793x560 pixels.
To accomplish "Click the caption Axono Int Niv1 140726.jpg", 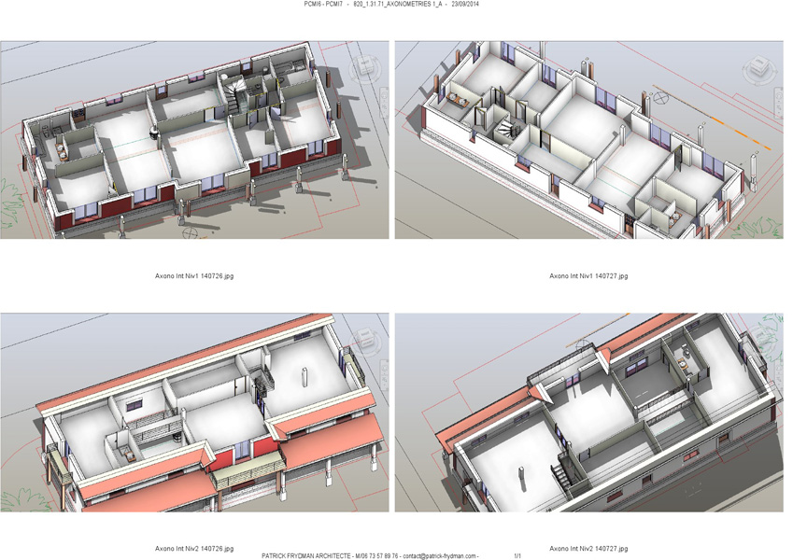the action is [x=194, y=276].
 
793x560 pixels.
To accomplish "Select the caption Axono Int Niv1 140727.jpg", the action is [x=588, y=276].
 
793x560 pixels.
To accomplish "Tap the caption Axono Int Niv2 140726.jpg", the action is [x=194, y=549].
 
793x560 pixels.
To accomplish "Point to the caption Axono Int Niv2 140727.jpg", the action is [x=588, y=549].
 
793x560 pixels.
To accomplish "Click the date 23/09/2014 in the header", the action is [x=466, y=4].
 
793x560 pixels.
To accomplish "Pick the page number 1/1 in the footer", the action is [x=517, y=556].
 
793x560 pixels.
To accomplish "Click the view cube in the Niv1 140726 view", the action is [x=365, y=66].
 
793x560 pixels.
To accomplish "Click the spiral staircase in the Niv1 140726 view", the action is [x=234, y=95].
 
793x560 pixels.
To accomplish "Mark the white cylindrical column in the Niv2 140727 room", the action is [x=520, y=477].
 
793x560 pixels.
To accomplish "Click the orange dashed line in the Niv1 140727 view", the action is [x=712, y=118].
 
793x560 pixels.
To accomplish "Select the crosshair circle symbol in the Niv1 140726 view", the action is [x=190, y=233].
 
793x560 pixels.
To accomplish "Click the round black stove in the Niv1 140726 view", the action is [x=153, y=133].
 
